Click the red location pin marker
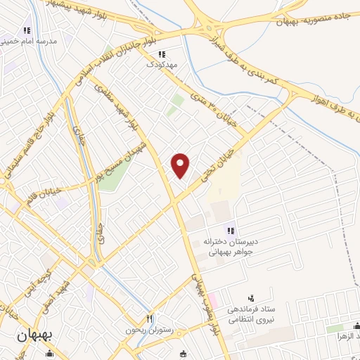[181, 165]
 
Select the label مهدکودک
[160, 63]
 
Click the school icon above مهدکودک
[161, 53]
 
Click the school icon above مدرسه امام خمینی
[27, 31]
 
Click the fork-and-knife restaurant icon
[149, 319]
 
